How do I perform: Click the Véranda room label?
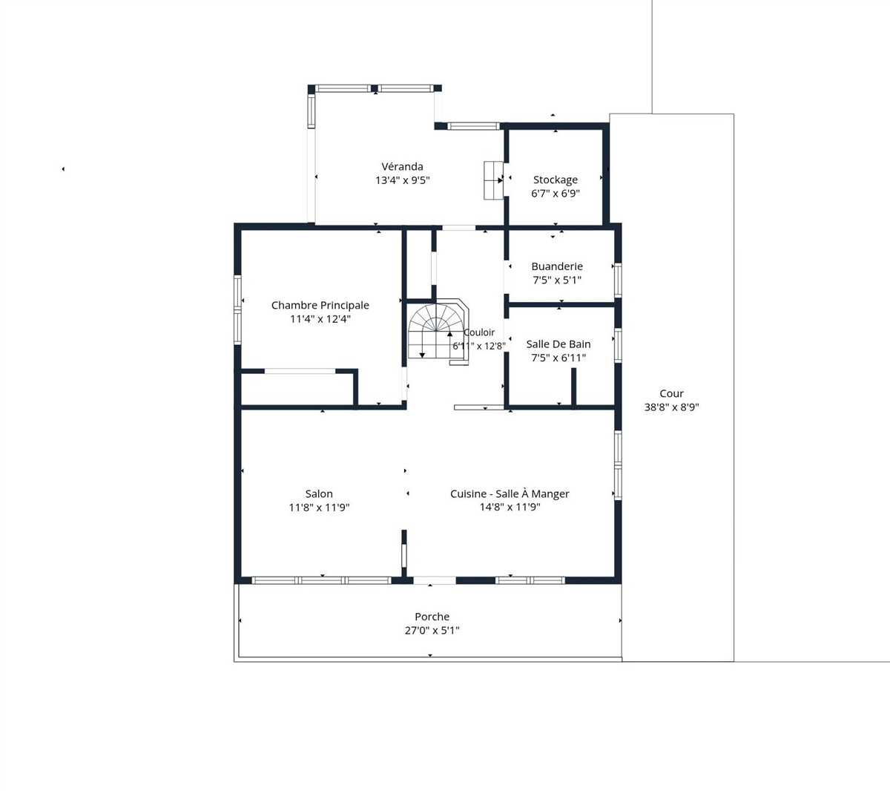[x=403, y=166]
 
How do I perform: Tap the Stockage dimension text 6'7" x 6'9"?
[x=556, y=194]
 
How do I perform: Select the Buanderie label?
[x=557, y=266]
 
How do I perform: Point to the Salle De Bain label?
[x=558, y=344]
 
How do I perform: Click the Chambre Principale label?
[x=320, y=306]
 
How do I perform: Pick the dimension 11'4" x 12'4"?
[x=320, y=319]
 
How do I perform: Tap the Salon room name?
[x=319, y=494]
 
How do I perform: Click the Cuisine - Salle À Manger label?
[x=510, y=494]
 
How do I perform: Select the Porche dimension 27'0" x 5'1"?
[x=432, y=631]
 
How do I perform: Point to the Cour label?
[x=671, y=394]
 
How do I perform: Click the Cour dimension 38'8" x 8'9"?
[x=671, y=407]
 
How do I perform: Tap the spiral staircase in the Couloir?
[x=438, y=332]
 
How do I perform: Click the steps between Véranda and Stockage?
[x=493, y=180]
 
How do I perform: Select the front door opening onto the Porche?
[x=435, y=580]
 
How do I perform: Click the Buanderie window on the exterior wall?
[x=618, y=280]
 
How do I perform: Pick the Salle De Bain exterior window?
[x=618, y=345]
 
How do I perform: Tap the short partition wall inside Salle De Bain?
[x=573, y=387]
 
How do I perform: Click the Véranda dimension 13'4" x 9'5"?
[x=403, y=180]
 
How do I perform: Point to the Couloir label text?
[x=479, y=332]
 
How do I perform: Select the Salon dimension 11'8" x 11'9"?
[x=319, y=508]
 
